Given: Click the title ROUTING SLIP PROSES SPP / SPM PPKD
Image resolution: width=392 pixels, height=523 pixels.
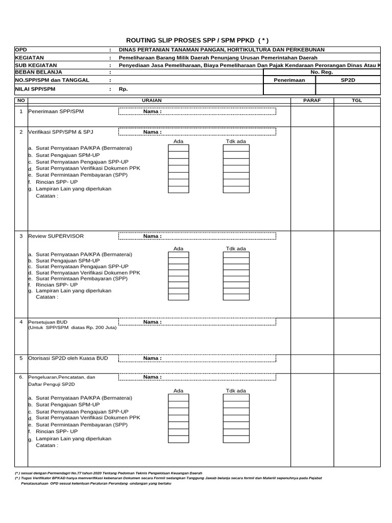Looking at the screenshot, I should click(197, 40).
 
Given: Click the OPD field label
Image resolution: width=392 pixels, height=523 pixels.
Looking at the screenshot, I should click(21, 50).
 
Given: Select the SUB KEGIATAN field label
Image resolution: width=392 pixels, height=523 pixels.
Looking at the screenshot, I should click(34, 65).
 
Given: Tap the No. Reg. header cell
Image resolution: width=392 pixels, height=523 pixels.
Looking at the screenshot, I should click(322, 73).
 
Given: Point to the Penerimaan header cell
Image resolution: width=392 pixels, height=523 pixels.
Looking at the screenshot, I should click(289, 80).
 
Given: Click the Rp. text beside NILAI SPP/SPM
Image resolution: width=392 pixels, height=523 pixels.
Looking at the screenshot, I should click(123, 89).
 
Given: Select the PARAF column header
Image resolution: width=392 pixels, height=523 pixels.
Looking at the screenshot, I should click(312, 101).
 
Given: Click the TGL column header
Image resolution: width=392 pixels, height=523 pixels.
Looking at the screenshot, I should click(356, 101).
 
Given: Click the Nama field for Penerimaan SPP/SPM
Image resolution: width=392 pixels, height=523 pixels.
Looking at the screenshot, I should click(197, 111).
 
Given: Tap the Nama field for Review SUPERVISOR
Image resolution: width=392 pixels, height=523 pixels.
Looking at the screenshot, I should click(197, 236).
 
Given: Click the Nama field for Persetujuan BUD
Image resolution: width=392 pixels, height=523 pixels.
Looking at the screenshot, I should click(197, 322).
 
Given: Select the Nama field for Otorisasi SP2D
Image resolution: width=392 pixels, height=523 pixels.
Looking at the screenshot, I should click(197, 358).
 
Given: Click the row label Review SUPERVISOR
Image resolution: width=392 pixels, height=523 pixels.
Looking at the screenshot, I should click(56, 236).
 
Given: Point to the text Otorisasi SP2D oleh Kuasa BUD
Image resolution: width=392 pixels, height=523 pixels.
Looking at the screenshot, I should click(68, 359).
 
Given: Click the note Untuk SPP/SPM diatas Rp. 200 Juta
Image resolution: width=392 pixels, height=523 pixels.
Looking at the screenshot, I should click(72, 327).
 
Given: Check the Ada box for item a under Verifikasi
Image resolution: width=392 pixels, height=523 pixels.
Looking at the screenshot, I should click(178, 148).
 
